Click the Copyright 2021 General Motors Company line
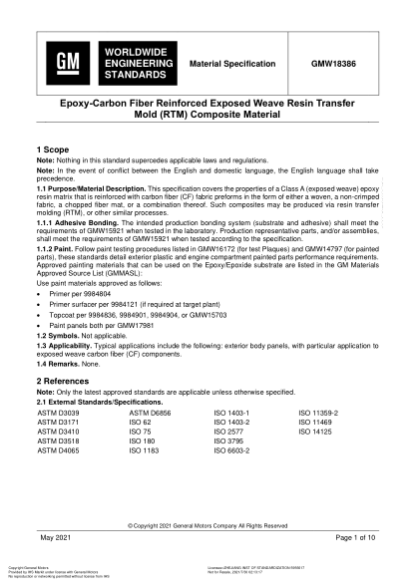(x=208, y=524)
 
